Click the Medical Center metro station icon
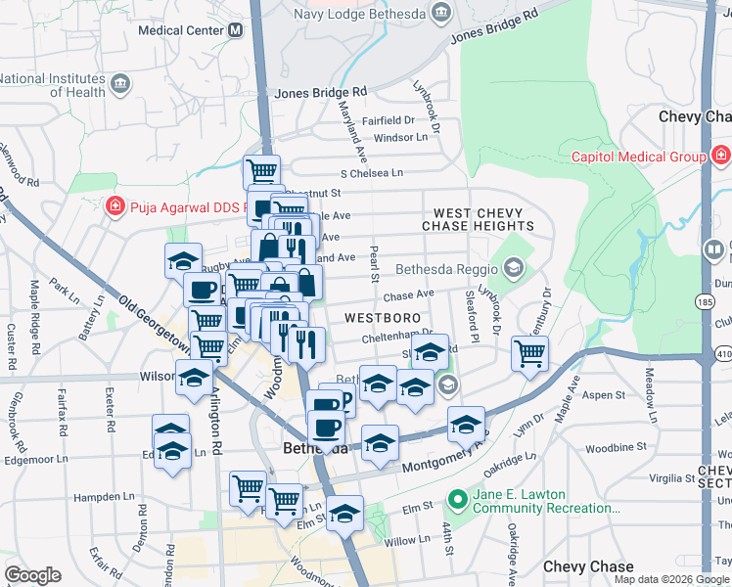[x=235, y=30]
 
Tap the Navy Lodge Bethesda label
[x=361, y=14]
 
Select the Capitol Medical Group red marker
[x=719, y=156]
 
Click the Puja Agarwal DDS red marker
[x=114, y=206]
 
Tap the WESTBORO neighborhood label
[x=383, y=318]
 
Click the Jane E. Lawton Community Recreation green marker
[x=455, y=499]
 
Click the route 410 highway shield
[x=722, y=351]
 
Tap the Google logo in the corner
[x=32, y=575]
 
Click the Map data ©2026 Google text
[x=670, y=579]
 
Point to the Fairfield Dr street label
[x=388, y=120]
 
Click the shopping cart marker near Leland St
[x=529, y=354]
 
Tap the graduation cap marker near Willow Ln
[x=344, y=514]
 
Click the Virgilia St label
[x=668, y=478]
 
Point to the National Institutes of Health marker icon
[x=120, y=84]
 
